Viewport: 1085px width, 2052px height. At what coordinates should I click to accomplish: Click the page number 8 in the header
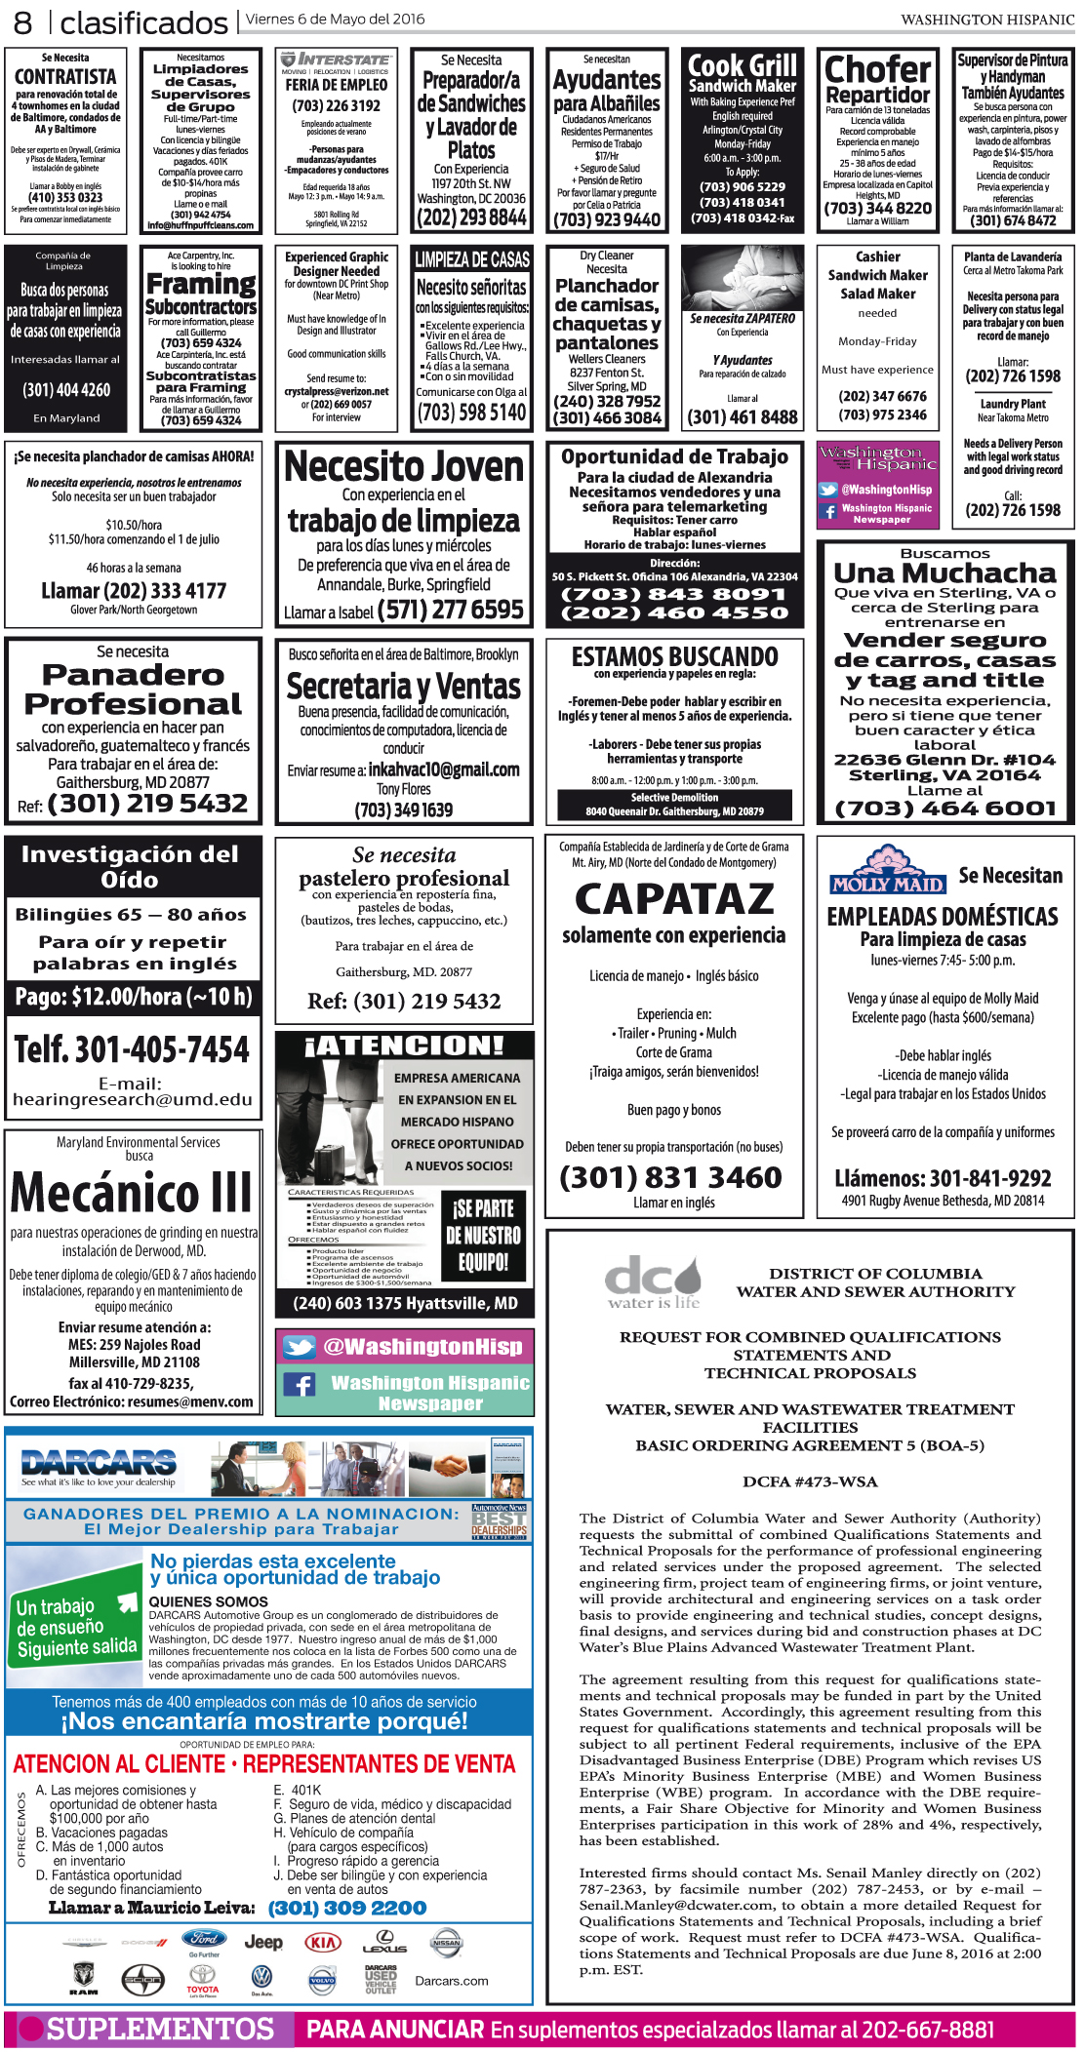[x=22, y=21]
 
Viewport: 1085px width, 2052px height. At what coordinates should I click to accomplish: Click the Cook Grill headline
[x=743, y=66]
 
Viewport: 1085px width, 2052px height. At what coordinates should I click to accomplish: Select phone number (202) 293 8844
[x=471, y=217]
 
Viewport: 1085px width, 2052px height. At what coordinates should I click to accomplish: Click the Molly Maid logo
[x=887, y=871]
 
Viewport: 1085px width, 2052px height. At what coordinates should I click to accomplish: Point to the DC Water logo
[x=653, y=1281]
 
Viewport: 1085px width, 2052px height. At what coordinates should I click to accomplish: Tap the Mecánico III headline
[x=132, y=1193]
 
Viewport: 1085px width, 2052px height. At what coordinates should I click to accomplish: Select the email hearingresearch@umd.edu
[x=133, y=1099]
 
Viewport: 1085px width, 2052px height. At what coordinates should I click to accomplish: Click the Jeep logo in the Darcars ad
[x=263, y=1942]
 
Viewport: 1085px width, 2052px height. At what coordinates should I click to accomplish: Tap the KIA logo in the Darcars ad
[x=323, y=1942]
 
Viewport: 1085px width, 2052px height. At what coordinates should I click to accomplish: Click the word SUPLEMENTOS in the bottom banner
[x=160, y=2029]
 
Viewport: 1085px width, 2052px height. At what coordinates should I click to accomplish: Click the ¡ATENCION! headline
[x=404, y=1046]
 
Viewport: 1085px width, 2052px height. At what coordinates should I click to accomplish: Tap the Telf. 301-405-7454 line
[x=132, y=1049]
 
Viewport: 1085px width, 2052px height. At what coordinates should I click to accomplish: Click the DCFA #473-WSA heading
[x=810, y=1481]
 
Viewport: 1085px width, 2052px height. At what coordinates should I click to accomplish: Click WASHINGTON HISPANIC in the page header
[x=986, y=20]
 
